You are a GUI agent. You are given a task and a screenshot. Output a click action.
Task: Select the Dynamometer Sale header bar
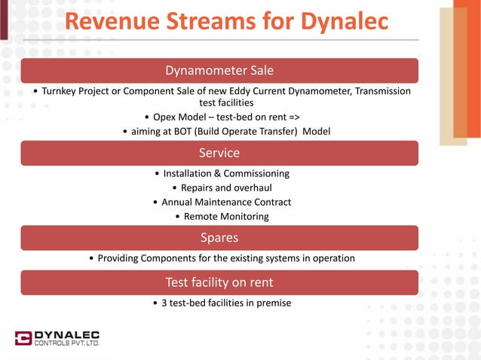[x=219, y=71]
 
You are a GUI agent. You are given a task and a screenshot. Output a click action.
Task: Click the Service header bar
[x=219, y=153]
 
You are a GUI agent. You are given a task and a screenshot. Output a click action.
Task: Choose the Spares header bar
[x=219, y=238]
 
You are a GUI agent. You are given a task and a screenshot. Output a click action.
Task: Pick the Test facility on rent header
[x=219, y=282]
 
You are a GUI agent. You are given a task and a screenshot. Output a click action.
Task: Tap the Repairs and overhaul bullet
[x=222, y=188]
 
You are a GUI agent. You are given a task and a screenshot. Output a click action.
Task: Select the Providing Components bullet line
[x=222, y=258]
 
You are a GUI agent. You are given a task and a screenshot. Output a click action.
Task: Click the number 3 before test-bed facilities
[x=164, y=303]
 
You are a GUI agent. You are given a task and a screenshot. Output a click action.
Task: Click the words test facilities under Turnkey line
[x=225, y=102]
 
